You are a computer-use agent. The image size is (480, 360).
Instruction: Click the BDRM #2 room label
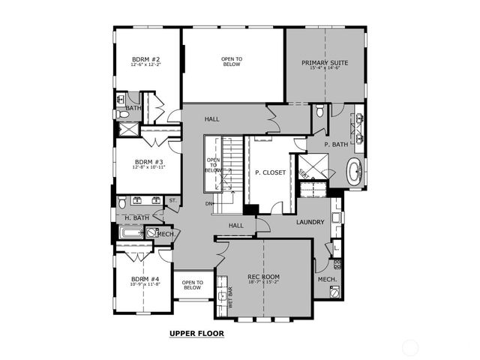point(145,58)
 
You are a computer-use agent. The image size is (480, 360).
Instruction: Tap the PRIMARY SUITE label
point(324,62)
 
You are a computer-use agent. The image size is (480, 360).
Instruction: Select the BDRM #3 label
point(148,161)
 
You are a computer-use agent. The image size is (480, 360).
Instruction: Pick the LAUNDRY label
point(310,222)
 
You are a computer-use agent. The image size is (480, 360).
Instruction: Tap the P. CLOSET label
point(270,172)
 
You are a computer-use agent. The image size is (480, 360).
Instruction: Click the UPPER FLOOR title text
point(196,333)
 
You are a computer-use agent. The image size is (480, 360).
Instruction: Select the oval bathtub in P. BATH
point(354,172)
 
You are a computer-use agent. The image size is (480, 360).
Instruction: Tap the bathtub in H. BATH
point(132,234)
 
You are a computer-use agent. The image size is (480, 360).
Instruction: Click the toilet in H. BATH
point(122,202)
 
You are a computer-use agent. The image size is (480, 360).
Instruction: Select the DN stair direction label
point(210,204)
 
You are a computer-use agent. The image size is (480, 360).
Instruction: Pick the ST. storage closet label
point(172,200)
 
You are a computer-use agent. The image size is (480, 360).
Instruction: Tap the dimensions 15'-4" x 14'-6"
point(324,68)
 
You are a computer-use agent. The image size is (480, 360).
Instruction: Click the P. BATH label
point(336,144)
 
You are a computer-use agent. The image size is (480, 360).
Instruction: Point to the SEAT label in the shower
point(304,172)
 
